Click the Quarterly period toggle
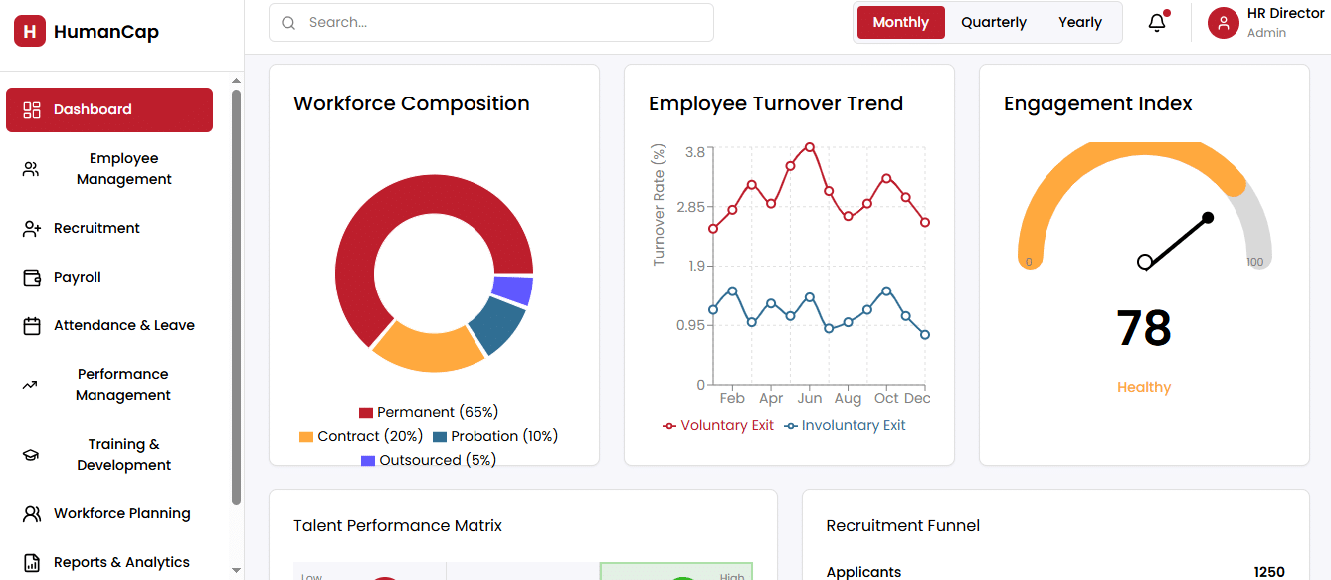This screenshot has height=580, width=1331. tap(993, 23)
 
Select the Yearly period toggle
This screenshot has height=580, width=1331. tap(1079, 23)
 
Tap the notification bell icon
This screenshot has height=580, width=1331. tap(1157, 23)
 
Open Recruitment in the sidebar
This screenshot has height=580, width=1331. tap(96, 228)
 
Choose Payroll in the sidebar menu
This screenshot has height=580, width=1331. tap(78, 277)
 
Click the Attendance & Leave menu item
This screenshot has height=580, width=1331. tap(123, 325)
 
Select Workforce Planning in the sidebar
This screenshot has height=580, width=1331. tap(121, 513)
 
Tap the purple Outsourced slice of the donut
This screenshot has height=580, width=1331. tap(513, 290)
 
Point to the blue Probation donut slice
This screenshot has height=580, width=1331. tap(497, 324)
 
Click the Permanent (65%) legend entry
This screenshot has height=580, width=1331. tap(429, 412)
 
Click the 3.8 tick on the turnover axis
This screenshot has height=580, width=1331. tap(694, 152)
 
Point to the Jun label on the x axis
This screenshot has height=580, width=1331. tap(810, 398)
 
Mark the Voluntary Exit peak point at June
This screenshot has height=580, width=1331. tap(810, 147)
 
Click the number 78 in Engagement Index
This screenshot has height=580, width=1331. tap(1144, 328)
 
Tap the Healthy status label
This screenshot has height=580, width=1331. tap(1144, 387)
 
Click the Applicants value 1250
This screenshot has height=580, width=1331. tap(1269, 572)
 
